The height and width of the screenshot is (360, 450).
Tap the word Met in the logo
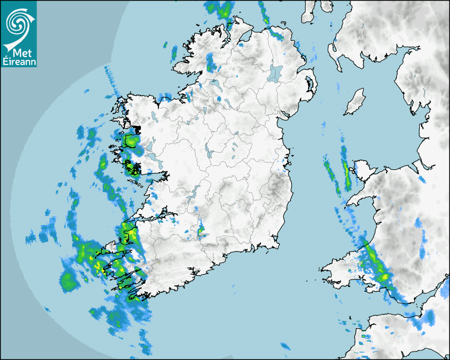pyautogui.click(x=20, y=53)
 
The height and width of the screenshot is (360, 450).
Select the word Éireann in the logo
pyautogui.click(x=19, y=62)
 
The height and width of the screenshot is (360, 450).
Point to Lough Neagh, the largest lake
pyautogui.click(x=275, y=73)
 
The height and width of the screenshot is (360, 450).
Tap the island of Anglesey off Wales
pyautogui.click(x=366, y=172)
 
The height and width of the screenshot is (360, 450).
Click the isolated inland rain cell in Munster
pyautogui.click(x=201, y=230)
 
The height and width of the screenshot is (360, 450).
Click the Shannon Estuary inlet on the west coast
pyautogui.click(x=154, y=217)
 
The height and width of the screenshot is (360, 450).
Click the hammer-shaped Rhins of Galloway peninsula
pyautogui.click(x=335, y=53)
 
